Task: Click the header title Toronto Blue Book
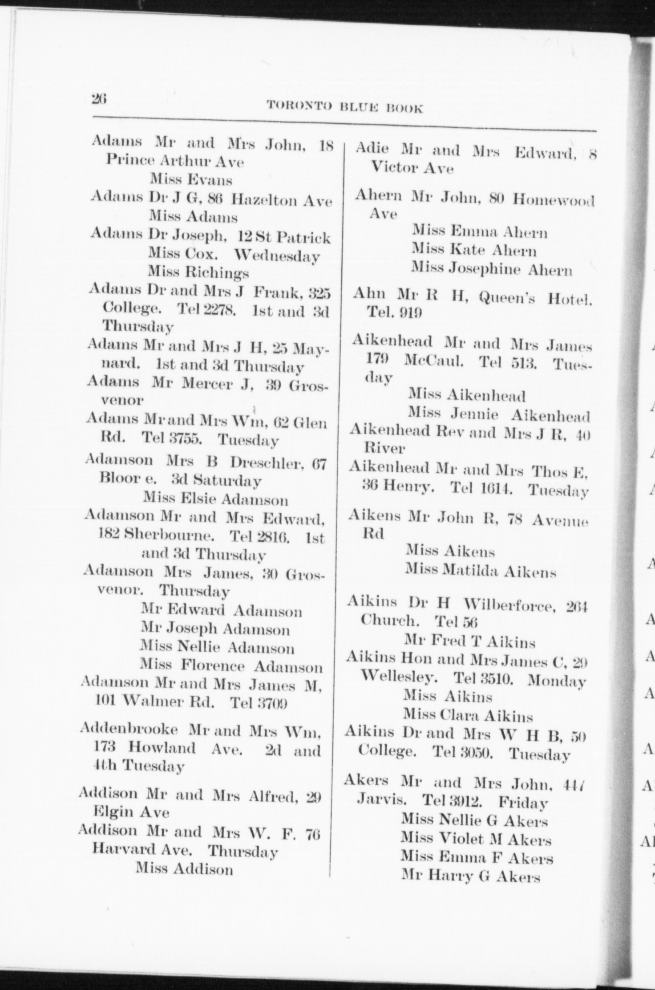[344, 107]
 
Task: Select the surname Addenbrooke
[129, 730]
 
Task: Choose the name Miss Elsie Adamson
[215, 499]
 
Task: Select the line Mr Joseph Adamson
[215, 629]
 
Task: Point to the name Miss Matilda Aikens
[481, 570]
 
